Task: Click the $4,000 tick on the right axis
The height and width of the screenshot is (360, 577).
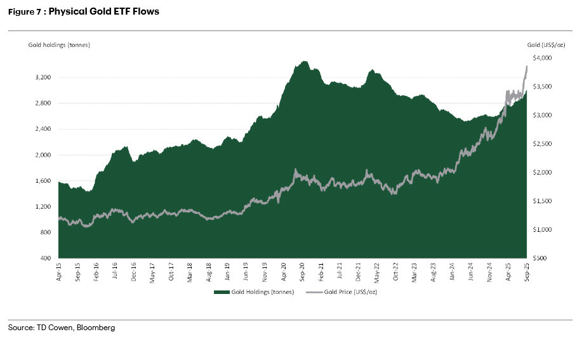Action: click(543, 58)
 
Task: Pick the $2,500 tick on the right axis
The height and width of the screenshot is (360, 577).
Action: click(543, 144)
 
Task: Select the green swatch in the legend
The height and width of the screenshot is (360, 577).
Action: click(220, 292)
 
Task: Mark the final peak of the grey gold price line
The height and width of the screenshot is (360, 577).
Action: click(526, 66)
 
